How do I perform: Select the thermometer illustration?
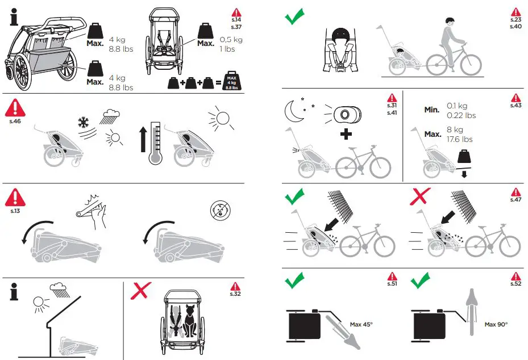(x=155, y=143)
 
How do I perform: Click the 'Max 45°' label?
(x=361, y=324)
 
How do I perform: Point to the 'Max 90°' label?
(x=496, y=324)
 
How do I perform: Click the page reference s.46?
(x=15, y=121)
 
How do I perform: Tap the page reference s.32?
(x=235, y=294)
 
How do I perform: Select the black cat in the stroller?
(x=190, y=320)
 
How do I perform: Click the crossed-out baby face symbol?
(x=220, y=210)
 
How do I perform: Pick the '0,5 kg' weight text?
(x=231, y=39)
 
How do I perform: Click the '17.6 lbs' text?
(x=460, y=139)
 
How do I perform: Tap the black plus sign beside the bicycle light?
(x=346, y=134)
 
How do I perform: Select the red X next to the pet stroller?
(x=141, y=291)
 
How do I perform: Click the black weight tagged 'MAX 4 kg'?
(x=232, y=81)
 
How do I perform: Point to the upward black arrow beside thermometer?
(x=143, y=139)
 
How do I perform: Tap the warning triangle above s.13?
(x=15, y=198)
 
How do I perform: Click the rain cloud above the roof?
(x=60, y=290)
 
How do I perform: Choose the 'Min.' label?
(x=432, y=110)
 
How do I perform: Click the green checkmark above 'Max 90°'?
(x=421, y=281)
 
